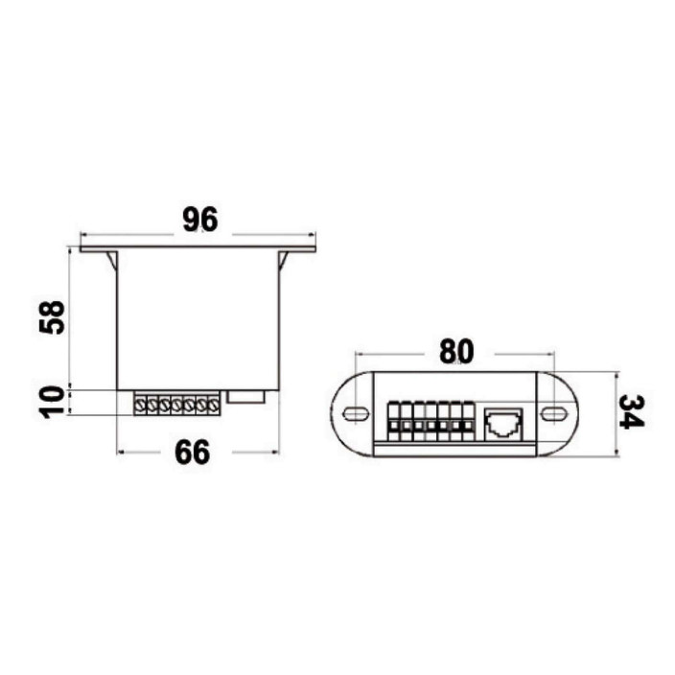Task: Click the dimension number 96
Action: (x=200, y=220)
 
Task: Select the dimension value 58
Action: (x=52, y=317)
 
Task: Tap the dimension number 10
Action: (x=52, y=402)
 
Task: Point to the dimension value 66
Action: (x=193, y=453)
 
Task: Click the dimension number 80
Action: (x=456, y=351)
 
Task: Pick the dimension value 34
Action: (x=632, y=412)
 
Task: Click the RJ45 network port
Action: (x=503, y=424)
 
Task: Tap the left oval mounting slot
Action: (x=356, y=414)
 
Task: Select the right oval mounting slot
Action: (x=554, y=414)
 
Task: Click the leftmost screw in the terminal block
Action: (x=140, y=405)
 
